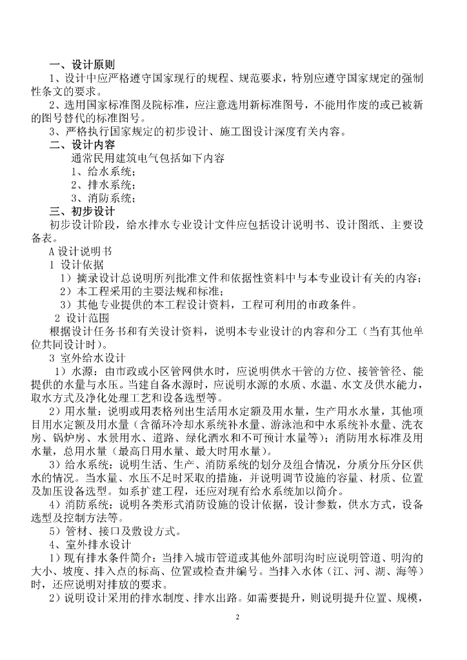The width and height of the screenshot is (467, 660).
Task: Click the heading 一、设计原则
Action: pyautogui.click(x=82, y=64)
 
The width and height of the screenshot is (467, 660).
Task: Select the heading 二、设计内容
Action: pyautogui.click(x=82, y=144)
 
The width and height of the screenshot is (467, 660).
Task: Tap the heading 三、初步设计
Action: pyautogui.click(x=82, y=211)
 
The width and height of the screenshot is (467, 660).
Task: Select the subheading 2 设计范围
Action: pyautogui.click(x=81, y=318)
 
